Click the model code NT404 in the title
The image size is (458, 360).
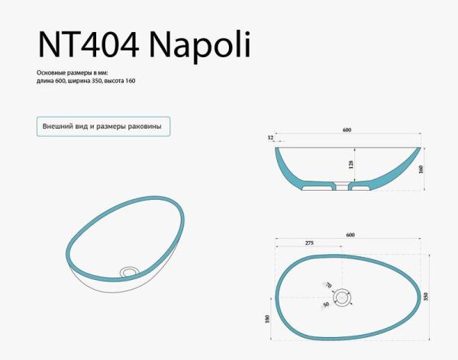pos(88,47)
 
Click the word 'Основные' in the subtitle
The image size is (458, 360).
pos(53,72)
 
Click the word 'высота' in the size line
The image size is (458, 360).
pos(114,81)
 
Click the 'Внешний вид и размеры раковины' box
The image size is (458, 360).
pos(103,126)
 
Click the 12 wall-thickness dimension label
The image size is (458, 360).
pos(271,137)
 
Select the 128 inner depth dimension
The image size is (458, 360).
pos(350,163)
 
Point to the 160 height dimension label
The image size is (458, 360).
pos(421,169)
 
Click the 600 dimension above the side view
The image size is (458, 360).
pos(347,130)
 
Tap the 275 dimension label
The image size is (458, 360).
pos(309,243)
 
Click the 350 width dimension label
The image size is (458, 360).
pos(427,295)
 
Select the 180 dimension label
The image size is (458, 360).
pos(267,320)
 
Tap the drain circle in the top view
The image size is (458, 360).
pos(343,296)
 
